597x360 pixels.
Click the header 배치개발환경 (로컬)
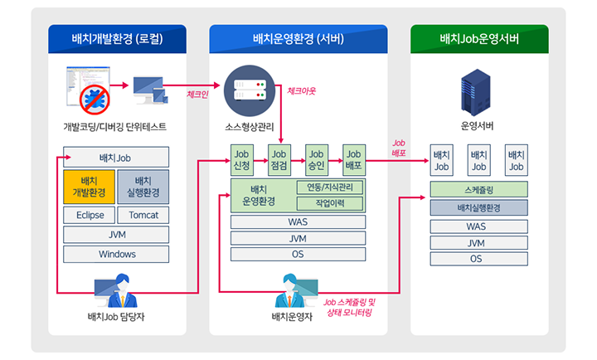point(117,39)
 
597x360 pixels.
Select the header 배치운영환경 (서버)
point(298,39)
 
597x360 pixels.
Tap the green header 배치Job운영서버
point(479,39)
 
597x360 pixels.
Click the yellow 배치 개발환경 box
point(87,187)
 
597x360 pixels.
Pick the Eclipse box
point(87,215)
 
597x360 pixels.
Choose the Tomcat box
point(143,215)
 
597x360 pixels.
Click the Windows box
point(116,254)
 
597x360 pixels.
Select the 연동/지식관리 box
point(330,187)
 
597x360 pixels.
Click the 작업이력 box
point(330,203)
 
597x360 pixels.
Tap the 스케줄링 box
point(479,190)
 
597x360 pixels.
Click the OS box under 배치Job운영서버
point(479,259)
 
